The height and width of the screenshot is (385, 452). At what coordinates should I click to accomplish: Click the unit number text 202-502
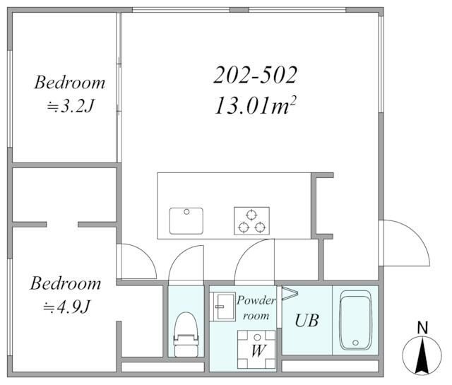coord(255,75)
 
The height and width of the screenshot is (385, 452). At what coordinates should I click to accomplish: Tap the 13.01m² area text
coord(255,105)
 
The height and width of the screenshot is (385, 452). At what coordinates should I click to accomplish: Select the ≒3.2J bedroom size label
coord(71,106)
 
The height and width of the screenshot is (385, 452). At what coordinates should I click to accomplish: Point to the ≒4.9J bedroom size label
coord(67,307)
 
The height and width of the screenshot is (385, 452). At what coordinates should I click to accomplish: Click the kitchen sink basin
coord(186,221)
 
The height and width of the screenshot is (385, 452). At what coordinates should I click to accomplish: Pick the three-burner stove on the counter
coord(251,221)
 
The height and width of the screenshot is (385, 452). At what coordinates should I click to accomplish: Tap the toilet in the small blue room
coord(186,335)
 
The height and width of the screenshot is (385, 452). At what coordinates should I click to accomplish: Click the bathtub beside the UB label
coord(356,320)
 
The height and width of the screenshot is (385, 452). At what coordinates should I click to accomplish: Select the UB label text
coord(307,321)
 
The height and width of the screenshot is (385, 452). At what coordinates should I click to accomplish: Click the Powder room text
coord(256,308)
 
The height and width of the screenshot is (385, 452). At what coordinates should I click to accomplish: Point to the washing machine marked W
coord(256,350)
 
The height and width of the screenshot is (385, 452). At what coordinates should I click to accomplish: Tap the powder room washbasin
coord(222,307)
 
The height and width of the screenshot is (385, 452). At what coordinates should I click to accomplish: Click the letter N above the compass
coord(422,328)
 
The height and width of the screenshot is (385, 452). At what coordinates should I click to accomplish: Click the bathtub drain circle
coord(355,343)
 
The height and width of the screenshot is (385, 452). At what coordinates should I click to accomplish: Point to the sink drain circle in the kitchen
coord(186,212)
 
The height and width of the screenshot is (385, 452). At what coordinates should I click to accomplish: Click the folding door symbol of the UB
coord(290,293)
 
